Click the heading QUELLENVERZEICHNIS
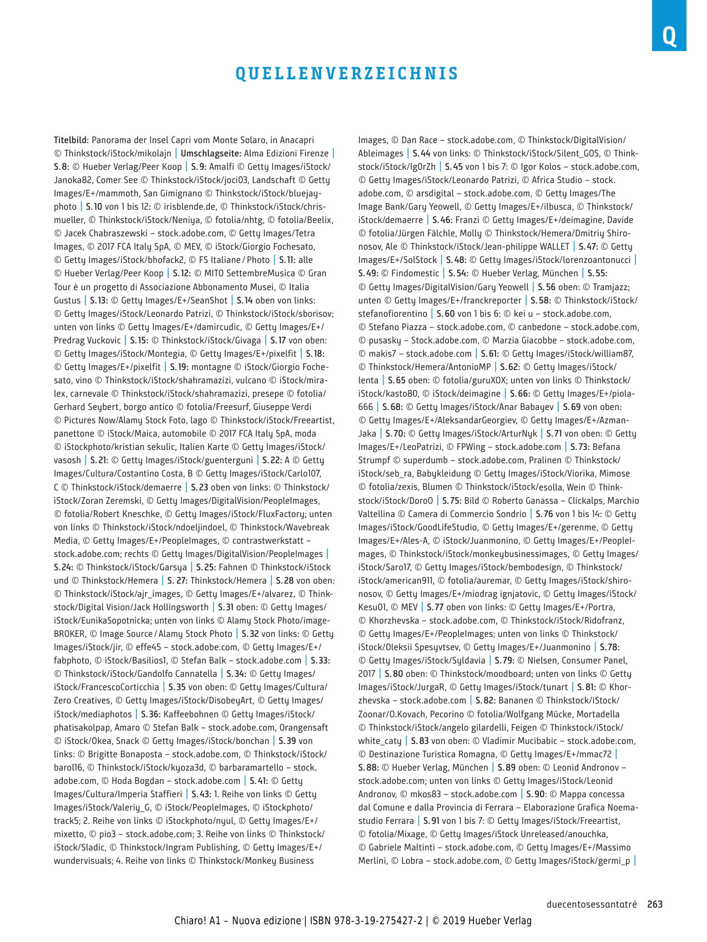coord(347,74)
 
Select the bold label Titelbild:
coord(72,140)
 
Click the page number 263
coord(655,904)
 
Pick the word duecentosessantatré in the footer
coord(592,904)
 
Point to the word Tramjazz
coord(610,287)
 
